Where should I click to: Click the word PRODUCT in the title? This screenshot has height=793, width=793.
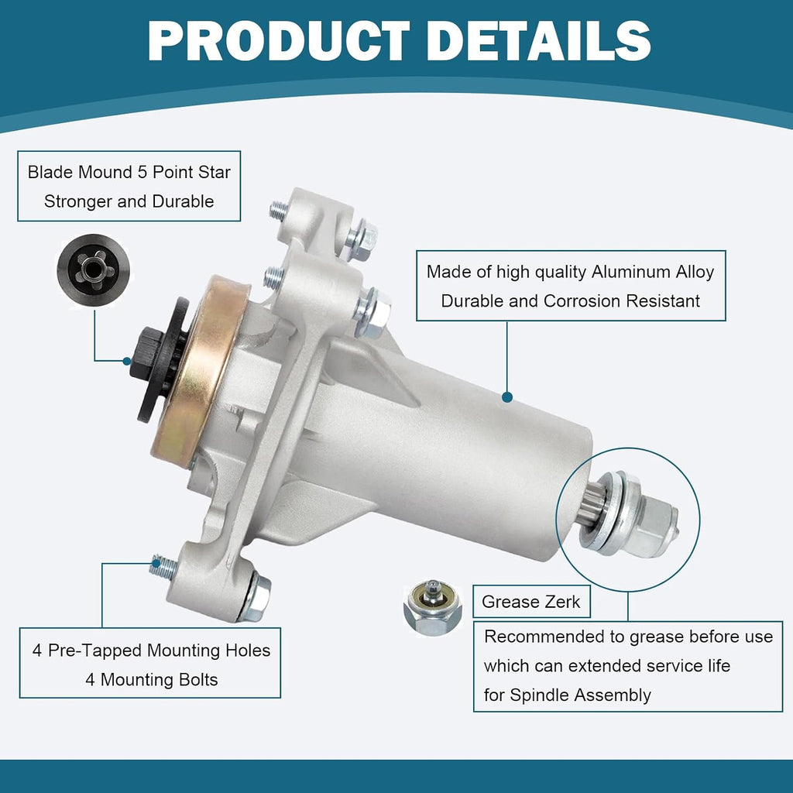pyautogui.click(x=279, y=42)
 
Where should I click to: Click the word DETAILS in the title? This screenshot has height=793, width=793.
pyautogui.click(x=539, y=42)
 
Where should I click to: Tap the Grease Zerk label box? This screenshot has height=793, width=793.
pyautogui.click(x=531, y=601)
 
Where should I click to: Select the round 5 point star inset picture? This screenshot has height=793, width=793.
pyautogui.click(x=93, y=270)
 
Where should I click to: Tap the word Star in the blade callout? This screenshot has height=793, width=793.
pyautogui.click(x=215, y=172)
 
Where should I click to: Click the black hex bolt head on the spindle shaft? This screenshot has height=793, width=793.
pyautogui.click(x=146, y=353)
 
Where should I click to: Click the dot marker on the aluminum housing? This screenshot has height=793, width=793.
pyautogui.click(x=507, y=397)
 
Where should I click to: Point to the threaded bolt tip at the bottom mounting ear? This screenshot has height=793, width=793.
pyautogui.click(x=163, y=567)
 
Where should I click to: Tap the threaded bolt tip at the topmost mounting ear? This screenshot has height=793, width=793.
pyautogui.click(x=278, y=209)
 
